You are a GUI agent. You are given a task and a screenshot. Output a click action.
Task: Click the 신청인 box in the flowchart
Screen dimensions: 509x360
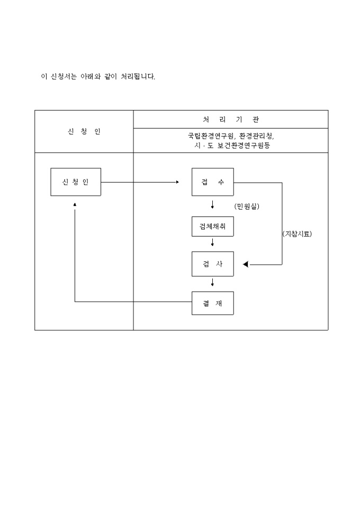[x=75, y=182]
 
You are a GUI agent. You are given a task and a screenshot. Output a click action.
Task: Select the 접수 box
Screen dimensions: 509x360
[x=212, y=182]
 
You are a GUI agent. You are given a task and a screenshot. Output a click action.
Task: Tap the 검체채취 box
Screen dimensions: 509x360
[x=212, y=226]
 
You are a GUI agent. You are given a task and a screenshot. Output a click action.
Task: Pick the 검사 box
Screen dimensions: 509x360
[x=212, y=264]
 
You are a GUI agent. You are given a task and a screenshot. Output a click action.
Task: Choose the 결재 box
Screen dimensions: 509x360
[x=212, y=303]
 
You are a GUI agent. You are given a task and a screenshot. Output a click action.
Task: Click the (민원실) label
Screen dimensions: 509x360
[x=247, y=206]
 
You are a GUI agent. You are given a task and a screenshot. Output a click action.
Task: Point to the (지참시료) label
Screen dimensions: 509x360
[x=297, y=234]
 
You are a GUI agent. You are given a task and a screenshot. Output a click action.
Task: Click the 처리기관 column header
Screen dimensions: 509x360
[x=231, y=119]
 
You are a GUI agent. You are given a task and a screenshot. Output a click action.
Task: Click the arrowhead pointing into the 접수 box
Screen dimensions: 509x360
[x=177, y=182]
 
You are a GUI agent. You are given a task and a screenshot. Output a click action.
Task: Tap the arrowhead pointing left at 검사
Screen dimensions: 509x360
[x=245, y=265]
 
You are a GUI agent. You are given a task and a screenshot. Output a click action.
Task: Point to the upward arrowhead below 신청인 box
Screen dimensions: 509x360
[x=75, y=204]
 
